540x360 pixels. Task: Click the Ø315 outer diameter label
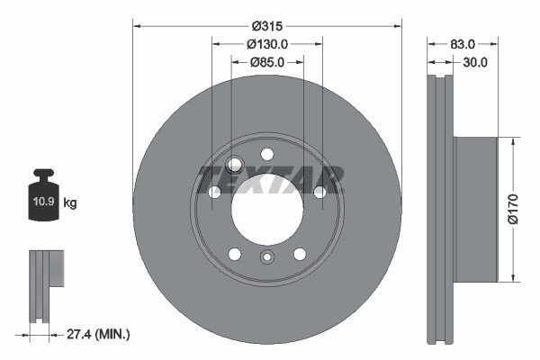266,24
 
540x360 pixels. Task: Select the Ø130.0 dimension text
266,43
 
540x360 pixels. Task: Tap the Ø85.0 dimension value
266,62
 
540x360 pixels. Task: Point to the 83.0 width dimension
463,43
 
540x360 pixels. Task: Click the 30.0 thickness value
474,62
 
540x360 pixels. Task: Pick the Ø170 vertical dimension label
513,209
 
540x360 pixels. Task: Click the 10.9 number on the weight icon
43,202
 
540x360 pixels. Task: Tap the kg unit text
70,203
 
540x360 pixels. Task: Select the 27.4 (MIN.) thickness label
99,335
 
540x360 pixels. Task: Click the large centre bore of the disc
266,210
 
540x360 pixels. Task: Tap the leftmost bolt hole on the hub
214,192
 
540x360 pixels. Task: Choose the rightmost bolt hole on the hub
319,191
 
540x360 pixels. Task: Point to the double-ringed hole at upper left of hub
236,164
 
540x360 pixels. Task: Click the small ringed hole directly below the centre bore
266,259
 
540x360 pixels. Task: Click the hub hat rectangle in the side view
474,209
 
